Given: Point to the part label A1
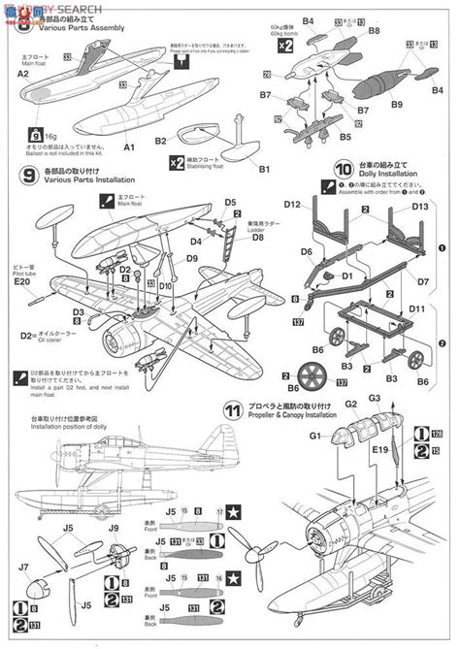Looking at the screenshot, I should pyautogui.click(x=127, y=147).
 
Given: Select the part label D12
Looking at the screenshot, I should pyautogui.click(x=293, y=206).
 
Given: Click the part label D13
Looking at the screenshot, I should pyautogui.click(x=419, y=206).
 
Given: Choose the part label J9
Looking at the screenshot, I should pyautogui.click(x=114, y=528).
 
